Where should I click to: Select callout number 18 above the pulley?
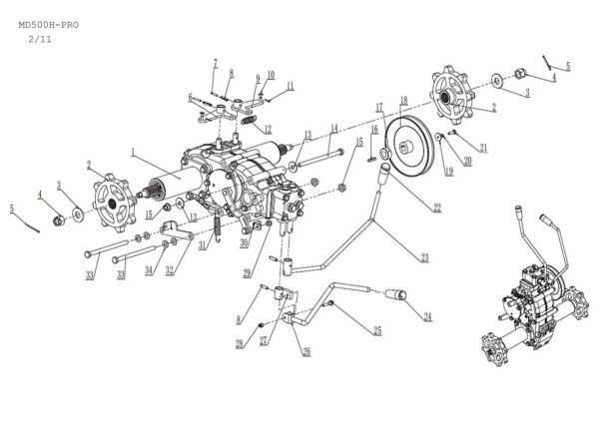coord(403,100)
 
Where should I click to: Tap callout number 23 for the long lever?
coord(424,257)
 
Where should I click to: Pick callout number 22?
coord(436,208)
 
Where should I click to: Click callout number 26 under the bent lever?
coord(306,350)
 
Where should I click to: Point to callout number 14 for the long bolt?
coord(334,127)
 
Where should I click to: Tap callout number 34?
coord(149,270)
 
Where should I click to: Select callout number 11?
coord(290,87)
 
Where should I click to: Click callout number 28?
coord(240,343)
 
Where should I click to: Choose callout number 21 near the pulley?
coord(483,148)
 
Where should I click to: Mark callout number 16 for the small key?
coord(373,129)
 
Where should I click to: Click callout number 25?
coord(377,330)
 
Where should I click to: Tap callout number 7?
coord(214,64)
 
